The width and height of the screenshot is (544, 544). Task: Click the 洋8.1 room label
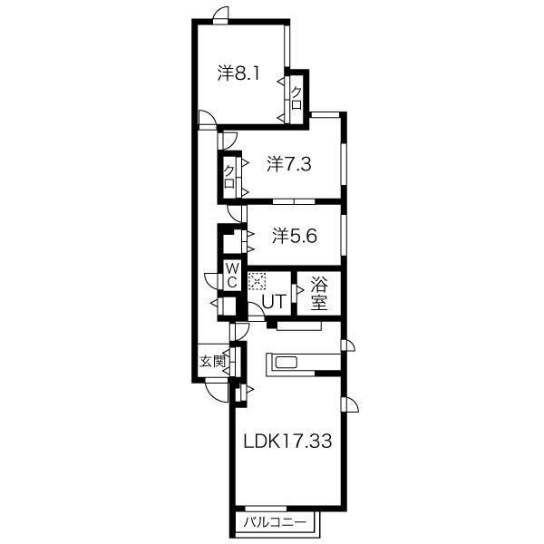tap(238, 73)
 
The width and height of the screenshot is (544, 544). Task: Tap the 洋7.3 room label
tap(289, 164)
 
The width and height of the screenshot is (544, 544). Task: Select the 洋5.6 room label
tap(294, 236)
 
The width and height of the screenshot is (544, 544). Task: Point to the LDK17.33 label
tap(287, 441)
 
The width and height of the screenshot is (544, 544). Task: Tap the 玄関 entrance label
tap(211, 362)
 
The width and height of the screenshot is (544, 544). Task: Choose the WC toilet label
tap(232, 276)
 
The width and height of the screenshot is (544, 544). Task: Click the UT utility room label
tap(274, 301)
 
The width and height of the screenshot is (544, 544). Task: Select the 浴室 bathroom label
tap(319, 294)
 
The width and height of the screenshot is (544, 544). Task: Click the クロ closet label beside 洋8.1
tap(296, 98)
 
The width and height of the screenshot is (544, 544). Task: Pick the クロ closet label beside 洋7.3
tap(229, 176)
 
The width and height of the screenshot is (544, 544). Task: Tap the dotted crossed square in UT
tap(257, 281)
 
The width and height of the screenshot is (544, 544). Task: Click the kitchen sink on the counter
tap(287, 364)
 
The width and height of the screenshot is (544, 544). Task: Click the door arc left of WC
tap(209, 279)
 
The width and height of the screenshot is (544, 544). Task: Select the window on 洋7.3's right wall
tap(344, 163)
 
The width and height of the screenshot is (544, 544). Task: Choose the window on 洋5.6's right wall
tap(344, 236)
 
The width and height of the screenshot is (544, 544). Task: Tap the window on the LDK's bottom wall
tap(266, 509)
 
